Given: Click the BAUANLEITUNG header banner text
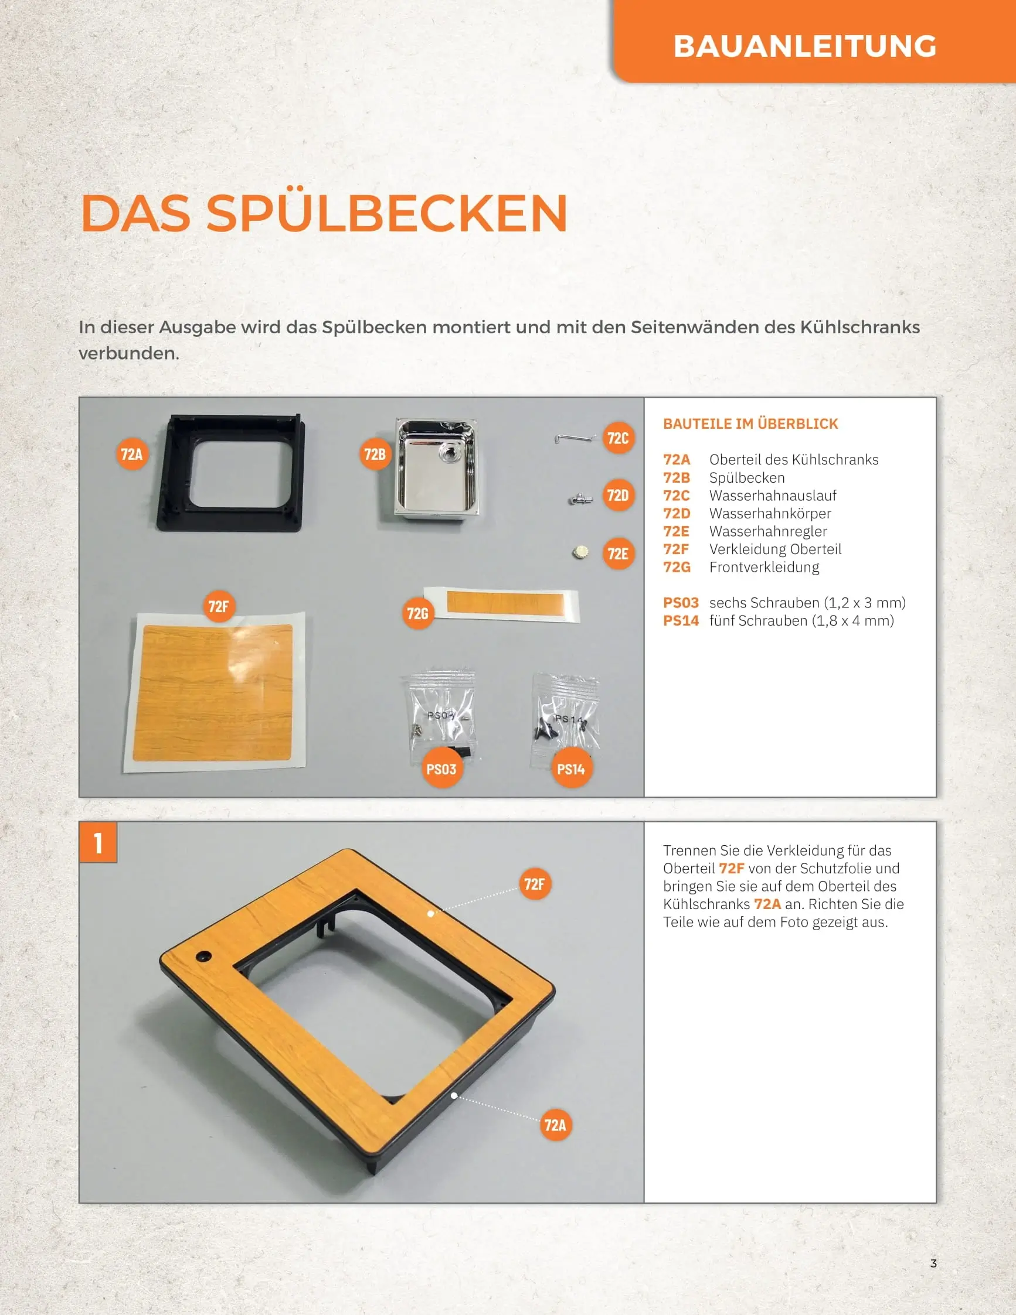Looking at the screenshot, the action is coord(804,46).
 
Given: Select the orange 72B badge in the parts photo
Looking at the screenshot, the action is coord(375,454).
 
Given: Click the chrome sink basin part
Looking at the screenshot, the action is coord(436,469).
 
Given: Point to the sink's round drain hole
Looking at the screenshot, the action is coord(448,453).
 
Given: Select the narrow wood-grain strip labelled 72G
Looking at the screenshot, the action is coord(501,603).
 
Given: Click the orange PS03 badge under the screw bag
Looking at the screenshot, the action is coord(441,769).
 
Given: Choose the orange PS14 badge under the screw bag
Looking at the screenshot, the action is coord(571,769).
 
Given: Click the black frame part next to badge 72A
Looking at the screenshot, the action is coord(232,473).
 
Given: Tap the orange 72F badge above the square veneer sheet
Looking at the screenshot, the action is coord(219,606).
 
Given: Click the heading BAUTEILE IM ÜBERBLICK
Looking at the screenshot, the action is coord(750,424).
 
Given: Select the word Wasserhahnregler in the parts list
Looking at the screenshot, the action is coord(769,531).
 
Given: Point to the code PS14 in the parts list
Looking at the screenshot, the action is coord(681,620).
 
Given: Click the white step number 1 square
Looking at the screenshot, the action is coord(98,842).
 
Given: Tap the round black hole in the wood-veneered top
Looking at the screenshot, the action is coord(203,956).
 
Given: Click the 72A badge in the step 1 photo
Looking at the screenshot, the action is coord(555,1125).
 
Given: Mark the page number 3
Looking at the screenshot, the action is coord(933,1263).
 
